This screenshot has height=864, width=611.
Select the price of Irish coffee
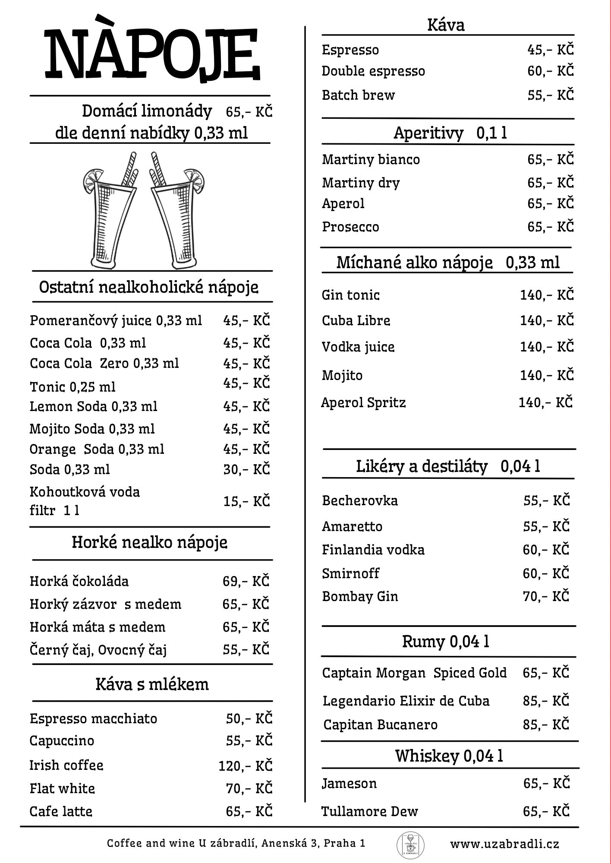tap(245, 766)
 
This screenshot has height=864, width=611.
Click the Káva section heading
tap(446, 25)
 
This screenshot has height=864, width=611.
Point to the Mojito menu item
tap(342, 375)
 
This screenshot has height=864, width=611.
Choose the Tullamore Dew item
tap(370, 811)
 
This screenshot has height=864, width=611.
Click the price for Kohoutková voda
tap(246, 501)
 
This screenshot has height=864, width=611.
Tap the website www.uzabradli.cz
tap(504, 844)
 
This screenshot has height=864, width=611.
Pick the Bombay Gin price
tap(546, 596)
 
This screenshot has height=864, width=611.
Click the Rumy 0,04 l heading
tap(446, 642)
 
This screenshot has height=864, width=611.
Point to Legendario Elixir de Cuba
tap(406, 701)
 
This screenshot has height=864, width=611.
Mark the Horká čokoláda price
tap(246, 581)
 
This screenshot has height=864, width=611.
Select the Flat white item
tap(62, 788)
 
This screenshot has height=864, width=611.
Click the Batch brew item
tap(358, 95)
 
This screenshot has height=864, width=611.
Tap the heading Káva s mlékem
tap(152, 684)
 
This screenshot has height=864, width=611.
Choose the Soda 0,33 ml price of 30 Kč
tap(246, 469)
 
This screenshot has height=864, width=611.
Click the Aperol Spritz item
tap(363, 402)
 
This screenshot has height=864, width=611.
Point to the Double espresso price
tap(551, 71)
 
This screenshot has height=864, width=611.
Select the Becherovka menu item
tap(360, 500)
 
